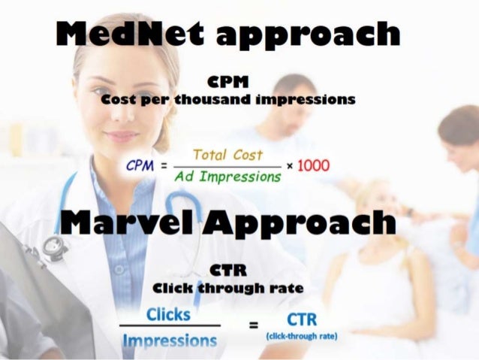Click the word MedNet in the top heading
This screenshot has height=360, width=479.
(125, 35)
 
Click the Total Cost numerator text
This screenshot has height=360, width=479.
(226, 154)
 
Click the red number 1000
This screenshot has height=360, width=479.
(314, 165)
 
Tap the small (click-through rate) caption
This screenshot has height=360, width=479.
(302, 336)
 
